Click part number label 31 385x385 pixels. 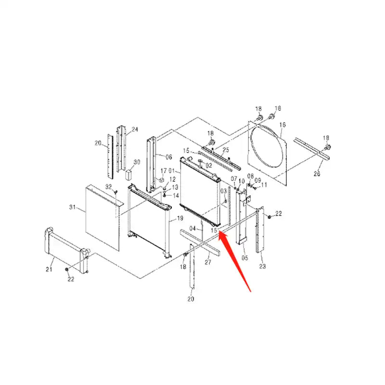click(x=73, y=207)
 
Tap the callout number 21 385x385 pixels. click(x=49, y=269)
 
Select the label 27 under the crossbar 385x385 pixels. click(x=208, y=263)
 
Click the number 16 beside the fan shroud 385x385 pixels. click(x=282, y=125)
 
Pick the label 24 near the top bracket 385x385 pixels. click(x=135, y=129)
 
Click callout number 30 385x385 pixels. click(x=137, y=162)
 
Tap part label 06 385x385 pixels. click(x=168, y=157)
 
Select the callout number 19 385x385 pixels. click(x=180, y=218)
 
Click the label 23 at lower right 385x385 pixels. click(x=262, y=266)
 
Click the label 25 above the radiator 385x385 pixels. click(x=226, y=150)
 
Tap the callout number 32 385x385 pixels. click(x=108, y=187)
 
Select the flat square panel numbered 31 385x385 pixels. click(x=102, y=217)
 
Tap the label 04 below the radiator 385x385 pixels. click(x=192, y=229)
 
